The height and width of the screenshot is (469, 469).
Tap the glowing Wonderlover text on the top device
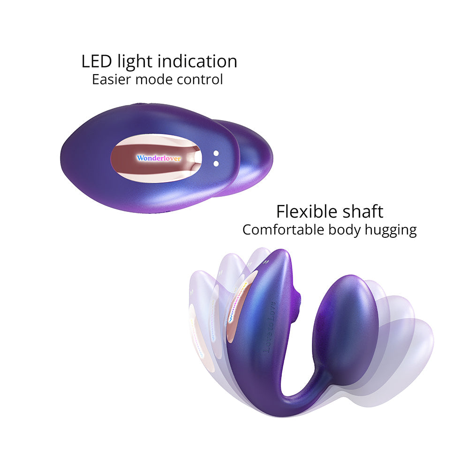[159, 159]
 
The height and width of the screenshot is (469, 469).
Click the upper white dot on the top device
[216, 153]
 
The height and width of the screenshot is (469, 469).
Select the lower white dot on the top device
[216, 163]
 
